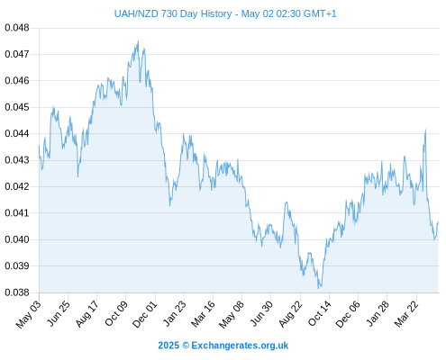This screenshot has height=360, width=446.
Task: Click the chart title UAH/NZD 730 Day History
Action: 173,13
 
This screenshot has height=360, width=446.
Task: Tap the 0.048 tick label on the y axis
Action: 17,28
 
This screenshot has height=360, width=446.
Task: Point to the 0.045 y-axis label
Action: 17,107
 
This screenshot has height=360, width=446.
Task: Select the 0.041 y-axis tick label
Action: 17,213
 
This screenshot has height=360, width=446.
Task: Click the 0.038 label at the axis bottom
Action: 17,292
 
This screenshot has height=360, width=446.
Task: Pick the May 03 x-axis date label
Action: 29,314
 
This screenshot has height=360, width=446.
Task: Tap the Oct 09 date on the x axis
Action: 116,313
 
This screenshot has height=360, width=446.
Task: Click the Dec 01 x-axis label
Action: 145,314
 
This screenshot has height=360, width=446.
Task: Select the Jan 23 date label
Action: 175,313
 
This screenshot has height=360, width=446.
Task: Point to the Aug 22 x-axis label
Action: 290,313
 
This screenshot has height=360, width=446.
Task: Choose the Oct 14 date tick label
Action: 320,313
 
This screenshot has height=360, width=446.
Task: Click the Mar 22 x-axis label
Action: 406,313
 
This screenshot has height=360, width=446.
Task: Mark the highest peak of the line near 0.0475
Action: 138,41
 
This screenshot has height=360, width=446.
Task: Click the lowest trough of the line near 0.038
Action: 319,288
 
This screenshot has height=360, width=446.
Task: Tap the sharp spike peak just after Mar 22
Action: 425,130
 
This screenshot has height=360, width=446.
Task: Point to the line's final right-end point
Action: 438,222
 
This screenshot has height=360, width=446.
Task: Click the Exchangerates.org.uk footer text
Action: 240,346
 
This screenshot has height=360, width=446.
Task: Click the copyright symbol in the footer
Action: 186,346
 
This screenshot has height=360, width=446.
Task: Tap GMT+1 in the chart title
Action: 320,13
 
